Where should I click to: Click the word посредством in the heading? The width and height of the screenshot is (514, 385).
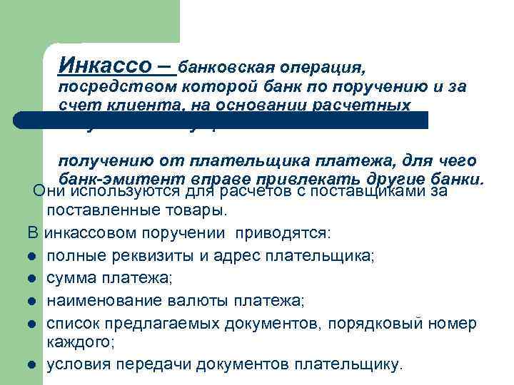(x=105, y=87)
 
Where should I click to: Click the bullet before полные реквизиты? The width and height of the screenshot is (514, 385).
(x=33, y=255)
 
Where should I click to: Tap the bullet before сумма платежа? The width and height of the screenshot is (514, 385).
(x=33, y=277)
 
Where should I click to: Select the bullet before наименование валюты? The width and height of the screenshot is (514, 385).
(x=33, y=299)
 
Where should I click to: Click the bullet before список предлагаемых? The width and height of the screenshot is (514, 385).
(x=33, y=322)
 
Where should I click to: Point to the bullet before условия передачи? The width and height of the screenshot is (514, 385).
(x=33, y=365)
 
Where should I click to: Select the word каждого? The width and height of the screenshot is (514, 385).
(x=79, y=343)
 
